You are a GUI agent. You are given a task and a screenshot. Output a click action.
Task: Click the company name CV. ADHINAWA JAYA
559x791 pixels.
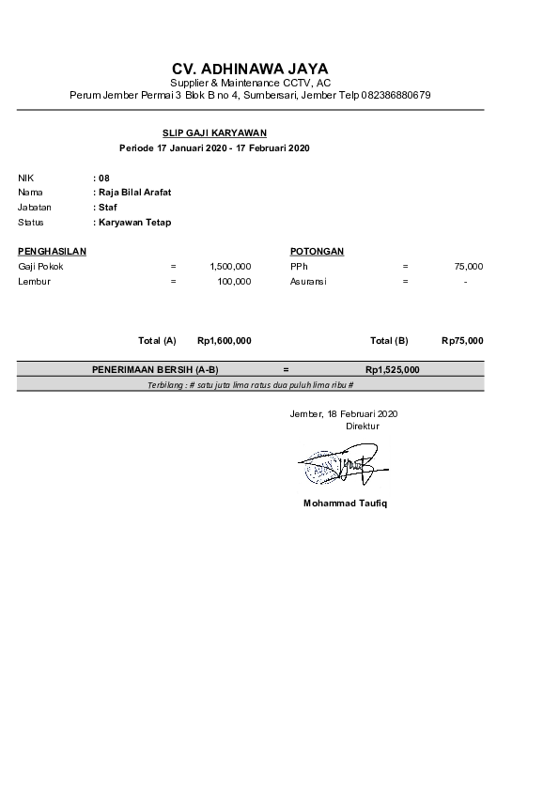pos(250,70)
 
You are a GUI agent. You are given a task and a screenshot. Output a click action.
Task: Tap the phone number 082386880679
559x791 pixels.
pos(395,96)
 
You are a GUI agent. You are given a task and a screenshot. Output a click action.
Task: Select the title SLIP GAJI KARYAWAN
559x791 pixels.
pos(213,133)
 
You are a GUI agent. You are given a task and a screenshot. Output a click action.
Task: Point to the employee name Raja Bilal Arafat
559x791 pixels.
pos(134,193)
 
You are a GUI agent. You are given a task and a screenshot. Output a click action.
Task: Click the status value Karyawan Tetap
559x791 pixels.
pos(134,223)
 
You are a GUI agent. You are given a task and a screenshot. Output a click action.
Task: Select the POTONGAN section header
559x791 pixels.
pos(317,252)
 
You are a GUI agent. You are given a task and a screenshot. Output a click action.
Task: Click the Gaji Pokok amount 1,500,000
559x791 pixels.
pos(231,267)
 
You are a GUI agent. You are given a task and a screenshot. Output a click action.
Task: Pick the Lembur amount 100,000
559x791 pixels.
pos(234,281)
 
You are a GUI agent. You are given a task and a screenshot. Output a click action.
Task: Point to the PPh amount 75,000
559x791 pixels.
pos(469,267)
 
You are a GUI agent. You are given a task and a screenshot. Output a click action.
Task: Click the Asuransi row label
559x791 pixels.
pos(308,281)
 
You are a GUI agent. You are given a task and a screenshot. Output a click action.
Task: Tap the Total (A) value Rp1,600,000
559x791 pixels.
pos(225,340)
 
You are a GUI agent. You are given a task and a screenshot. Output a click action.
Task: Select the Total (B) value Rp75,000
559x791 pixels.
pos(462,340)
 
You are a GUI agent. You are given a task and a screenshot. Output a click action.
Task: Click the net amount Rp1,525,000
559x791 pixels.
pos(393,370)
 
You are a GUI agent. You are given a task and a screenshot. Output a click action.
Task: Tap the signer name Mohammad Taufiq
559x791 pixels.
pos(345,504)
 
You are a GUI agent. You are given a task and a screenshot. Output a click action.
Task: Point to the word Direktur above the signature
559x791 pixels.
pos(363,426)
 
